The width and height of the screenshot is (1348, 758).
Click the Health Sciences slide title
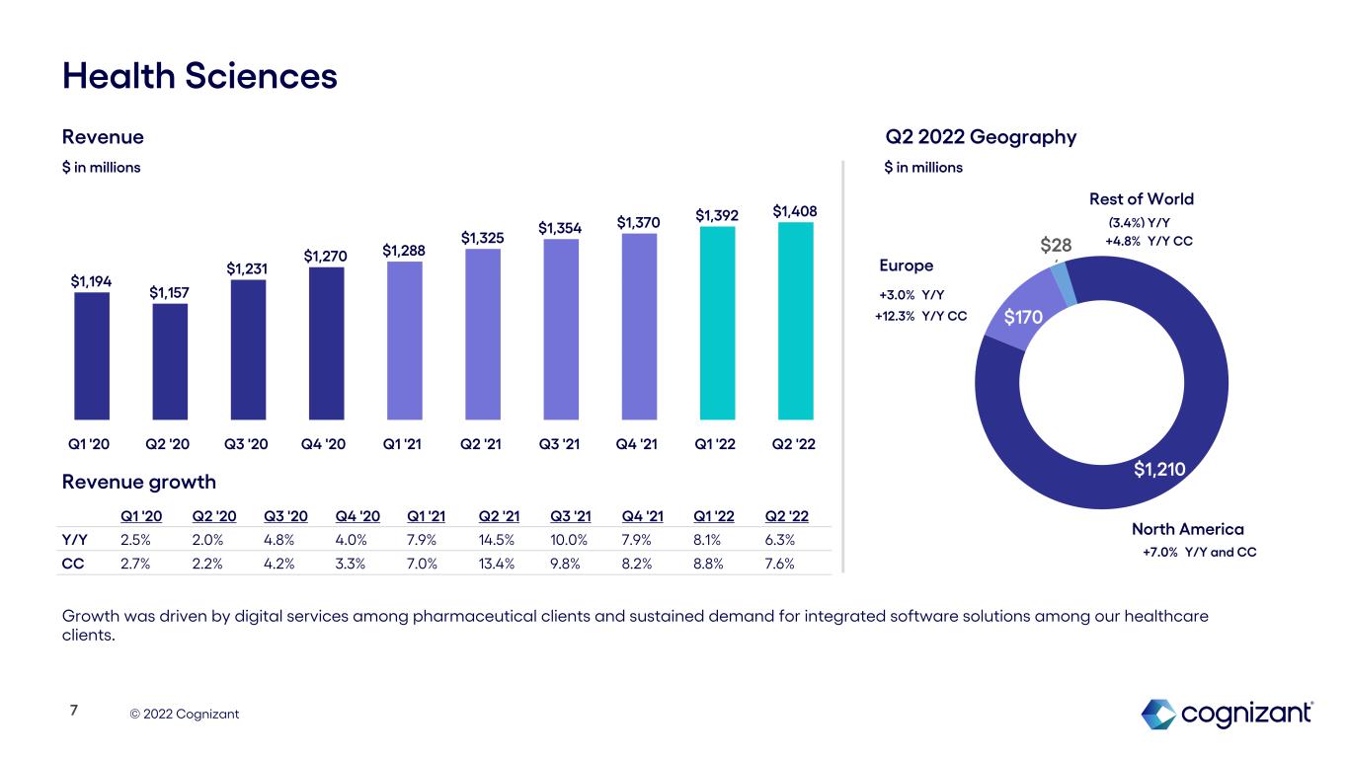pos(199,76)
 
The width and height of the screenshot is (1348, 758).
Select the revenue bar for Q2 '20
pos(170,361)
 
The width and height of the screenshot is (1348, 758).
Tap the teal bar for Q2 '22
pos(795,321)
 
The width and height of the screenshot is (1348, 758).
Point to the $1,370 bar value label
pos(639,223)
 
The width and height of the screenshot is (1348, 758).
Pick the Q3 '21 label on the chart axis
pos(559,444)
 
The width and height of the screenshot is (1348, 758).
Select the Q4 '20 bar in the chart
pos(326,343)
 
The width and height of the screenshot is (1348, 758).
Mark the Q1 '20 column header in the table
pos(137,516)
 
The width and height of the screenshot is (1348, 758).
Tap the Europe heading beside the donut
pos(906,265)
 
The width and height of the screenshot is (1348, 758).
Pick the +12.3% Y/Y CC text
pos(920,316)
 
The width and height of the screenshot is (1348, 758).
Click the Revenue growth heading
pos(138,482)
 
